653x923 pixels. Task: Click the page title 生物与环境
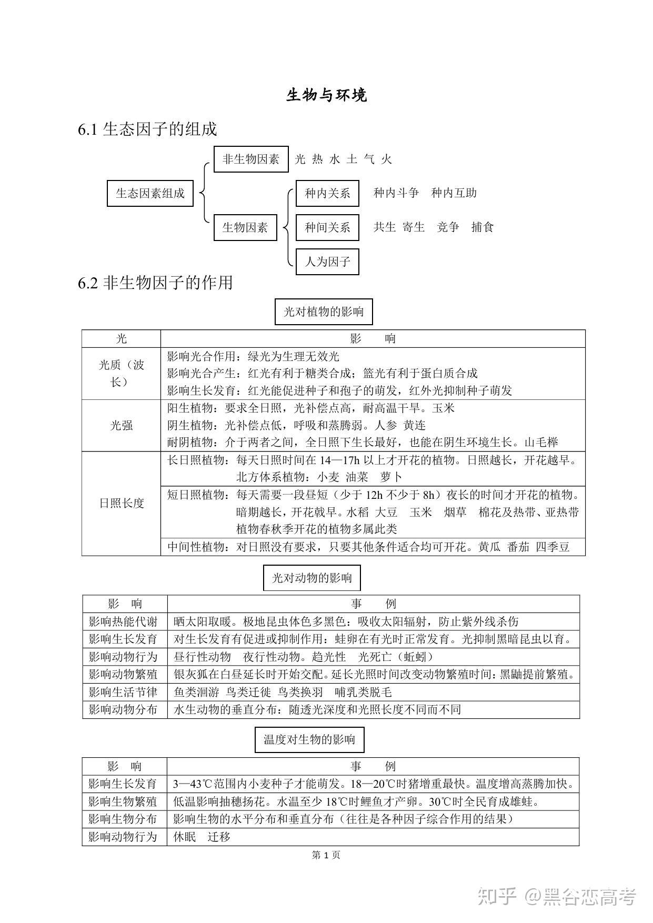pyautogui.click(x=326, y=95)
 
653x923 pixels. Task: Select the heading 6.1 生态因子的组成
pyautogui.click(x=147, y=129)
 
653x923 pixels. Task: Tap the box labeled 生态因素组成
pyautogui.click(x=150, y=193)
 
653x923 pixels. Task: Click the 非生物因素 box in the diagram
pyautogui.click(x=251, y=159)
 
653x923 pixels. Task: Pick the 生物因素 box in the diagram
pyautogui.click(x=245, y=227)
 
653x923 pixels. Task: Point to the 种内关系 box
pyautogui.click(x=327, y=193)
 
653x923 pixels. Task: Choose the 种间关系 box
pyautogui.click(x=327, y=227)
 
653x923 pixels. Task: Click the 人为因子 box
pyautogui.click(x=327, y=262)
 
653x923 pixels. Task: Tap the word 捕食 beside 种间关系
pyautogui.click(x=483, y=227)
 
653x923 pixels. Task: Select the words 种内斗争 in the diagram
pyautogui.click(x=396, y=193)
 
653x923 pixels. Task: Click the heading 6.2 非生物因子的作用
pyautogui.click(x=155, y=283)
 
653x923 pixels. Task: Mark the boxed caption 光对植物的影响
pyautogui.click(x=324, y=312)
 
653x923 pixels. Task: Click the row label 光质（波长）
pyautogui.click(x=121, y=373)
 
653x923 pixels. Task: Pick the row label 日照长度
pyautogui.click(x=121, y=503)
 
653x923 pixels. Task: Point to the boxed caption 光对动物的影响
pyautogui.click(x=312, y=578)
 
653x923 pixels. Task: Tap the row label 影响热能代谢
pyautogui.click(x=123, y=622)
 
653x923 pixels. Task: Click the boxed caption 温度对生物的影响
pyautogui.click(x=309, y=740)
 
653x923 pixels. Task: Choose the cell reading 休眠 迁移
pyautogui.click(x=202, y=837)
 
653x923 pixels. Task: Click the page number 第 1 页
pyautogui.click(x=326, y=855)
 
